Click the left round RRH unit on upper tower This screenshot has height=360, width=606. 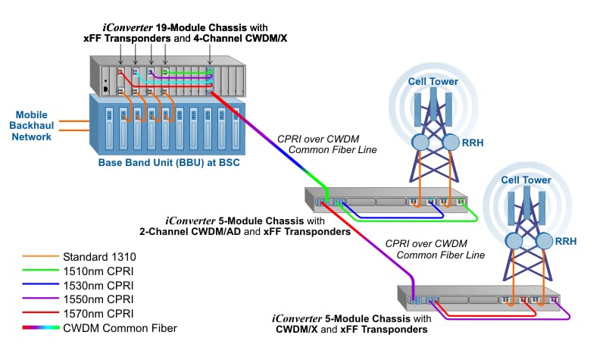[421, 142]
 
